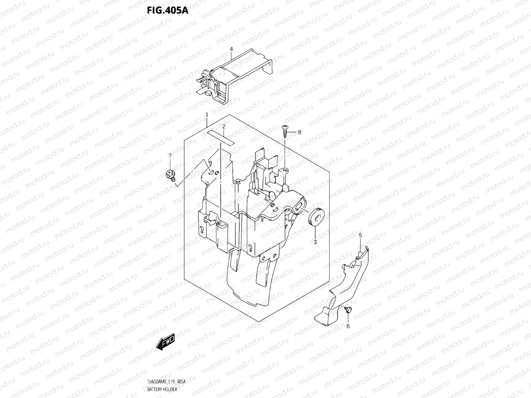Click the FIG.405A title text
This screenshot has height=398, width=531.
coord(168,11)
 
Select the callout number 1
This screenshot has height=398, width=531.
coord(207,114)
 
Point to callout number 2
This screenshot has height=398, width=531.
coord(224,126)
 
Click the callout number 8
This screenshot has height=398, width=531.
coord(299,132)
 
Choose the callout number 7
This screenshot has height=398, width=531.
coord(170,156)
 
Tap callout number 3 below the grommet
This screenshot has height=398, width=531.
coord(315,242)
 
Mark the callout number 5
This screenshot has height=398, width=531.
coord(360,235)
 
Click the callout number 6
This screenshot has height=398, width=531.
coord(348,326)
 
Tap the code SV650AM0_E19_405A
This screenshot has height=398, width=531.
coord(166,382)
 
